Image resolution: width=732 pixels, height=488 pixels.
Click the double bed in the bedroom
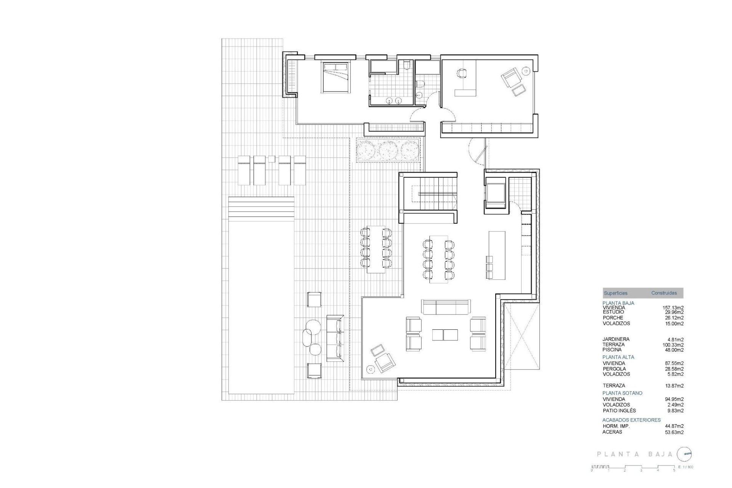click(336, 77)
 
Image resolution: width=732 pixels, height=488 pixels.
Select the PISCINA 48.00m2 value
click(674, 350)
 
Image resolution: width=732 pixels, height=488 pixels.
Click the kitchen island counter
click(497, 255)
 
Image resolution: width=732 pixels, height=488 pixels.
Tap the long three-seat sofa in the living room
click(446, 307)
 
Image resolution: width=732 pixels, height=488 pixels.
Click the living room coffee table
click(445, 334)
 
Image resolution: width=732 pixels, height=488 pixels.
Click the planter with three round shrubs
click(388, 150)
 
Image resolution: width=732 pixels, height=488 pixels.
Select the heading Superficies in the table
click(615, 293)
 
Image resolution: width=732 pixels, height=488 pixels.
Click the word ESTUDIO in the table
click(613, 312)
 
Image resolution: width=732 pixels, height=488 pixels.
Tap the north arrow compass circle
click(685, 454)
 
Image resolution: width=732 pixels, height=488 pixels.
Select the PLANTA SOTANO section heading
click(622, 393)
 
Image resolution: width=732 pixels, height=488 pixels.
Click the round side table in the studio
click(527, 71)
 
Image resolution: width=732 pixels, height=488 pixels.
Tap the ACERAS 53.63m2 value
click(674, 432)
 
